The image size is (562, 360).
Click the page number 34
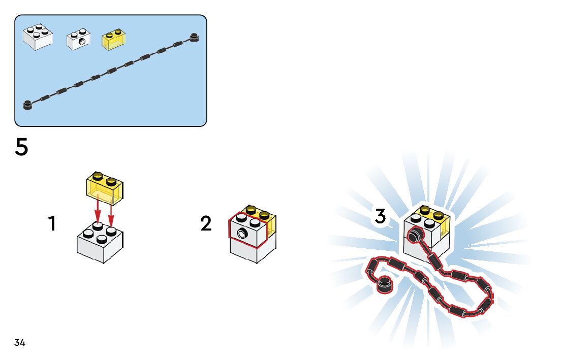(20, 343)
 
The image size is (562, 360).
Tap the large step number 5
(21, 148)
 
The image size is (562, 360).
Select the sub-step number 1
(51, 223)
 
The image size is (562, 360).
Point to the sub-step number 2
(205, 223)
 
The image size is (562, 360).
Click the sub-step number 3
(380, 216)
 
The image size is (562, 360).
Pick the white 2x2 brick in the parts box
(37, 38)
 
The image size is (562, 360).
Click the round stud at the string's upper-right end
(194, 36)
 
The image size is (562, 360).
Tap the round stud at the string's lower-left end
(27, 105)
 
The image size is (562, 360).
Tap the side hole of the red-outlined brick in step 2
(241, 234)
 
